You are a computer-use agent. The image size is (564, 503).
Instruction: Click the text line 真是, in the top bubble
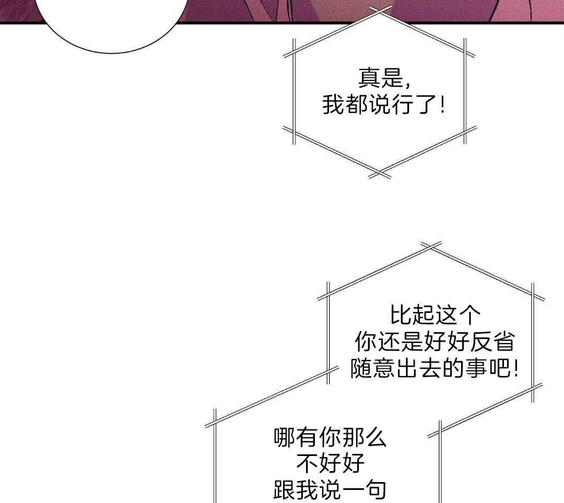[384, 78]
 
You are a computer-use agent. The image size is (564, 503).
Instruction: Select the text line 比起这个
[435, 315]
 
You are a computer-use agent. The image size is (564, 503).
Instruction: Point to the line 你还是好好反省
[435, 342]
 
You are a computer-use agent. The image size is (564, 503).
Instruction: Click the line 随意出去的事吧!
[434, 368]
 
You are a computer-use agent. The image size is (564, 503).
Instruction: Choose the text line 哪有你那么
[330, 437]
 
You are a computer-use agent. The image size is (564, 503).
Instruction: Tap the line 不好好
[330, 463]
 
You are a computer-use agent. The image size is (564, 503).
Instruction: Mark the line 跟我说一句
[330, 490]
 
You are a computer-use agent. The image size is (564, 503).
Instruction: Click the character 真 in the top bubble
[369, 78]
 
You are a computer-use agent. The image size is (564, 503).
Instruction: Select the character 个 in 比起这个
[469, 315]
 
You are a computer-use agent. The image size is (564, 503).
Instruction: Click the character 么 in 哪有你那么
[375, 437]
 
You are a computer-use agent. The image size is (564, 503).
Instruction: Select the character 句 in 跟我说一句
[375, 490]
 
